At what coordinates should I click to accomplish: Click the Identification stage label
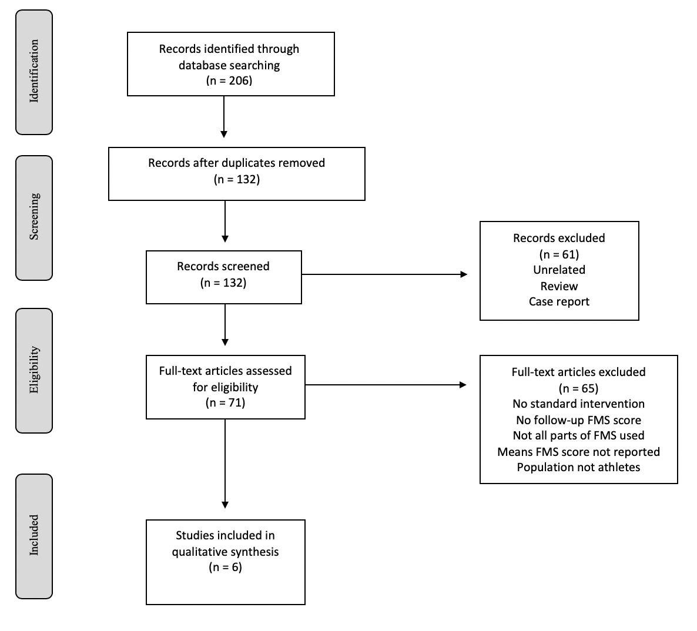(34, 72)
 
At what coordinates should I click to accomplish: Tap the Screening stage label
(34, 217)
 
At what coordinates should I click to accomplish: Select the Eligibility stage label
(34, 370)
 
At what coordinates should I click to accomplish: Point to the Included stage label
(34, 535)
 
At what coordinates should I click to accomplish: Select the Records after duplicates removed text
(236, 163)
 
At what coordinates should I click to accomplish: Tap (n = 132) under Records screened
(223, 283)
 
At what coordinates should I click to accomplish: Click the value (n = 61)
(559, 254)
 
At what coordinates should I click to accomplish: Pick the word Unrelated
(559, 270)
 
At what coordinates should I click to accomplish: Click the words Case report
(559, 301)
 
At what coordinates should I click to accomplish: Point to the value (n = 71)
(225, 402)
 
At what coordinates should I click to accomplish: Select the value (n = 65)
(578, 388)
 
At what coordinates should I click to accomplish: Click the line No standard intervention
(578, 404)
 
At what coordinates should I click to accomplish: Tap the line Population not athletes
(578, 467)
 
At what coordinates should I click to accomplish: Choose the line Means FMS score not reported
(578, 452)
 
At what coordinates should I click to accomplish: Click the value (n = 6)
(225, 567)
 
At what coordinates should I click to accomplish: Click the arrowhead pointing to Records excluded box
(464, 274)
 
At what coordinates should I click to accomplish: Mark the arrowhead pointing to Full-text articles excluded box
(463, 385)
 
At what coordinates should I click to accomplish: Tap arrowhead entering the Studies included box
(225, 504)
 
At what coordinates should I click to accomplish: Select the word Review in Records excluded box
(559, 286)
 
